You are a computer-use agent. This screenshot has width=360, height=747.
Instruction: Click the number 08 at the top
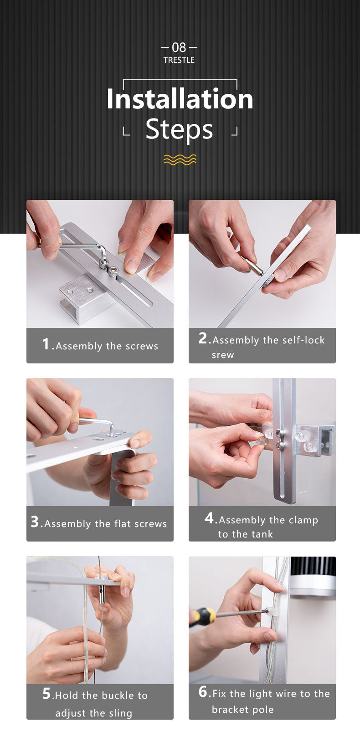click(x=179, y=48)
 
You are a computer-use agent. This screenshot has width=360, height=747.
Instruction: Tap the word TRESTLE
click(x=179, y=60)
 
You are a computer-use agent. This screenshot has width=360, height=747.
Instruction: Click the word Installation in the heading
click(x=180, y=99)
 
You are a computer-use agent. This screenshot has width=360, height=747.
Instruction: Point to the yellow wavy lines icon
click(x=180, y=160)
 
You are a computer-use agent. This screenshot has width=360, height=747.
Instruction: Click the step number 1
click(x=46, y=344)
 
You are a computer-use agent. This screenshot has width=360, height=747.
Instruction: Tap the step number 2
click(x=202, y=338)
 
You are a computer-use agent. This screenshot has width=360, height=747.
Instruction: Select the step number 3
click(x=35, y=522)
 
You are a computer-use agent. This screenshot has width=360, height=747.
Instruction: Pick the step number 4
click(x=209, y=518)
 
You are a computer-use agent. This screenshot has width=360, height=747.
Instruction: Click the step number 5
click(x=46, y=693)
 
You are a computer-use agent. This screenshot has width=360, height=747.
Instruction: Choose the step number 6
click(x=203, y=691)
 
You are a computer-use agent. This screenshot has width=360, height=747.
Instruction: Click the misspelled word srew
click(x=223, y=355)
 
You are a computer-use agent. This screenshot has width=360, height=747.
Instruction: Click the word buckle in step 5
click(x=118, y=696)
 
